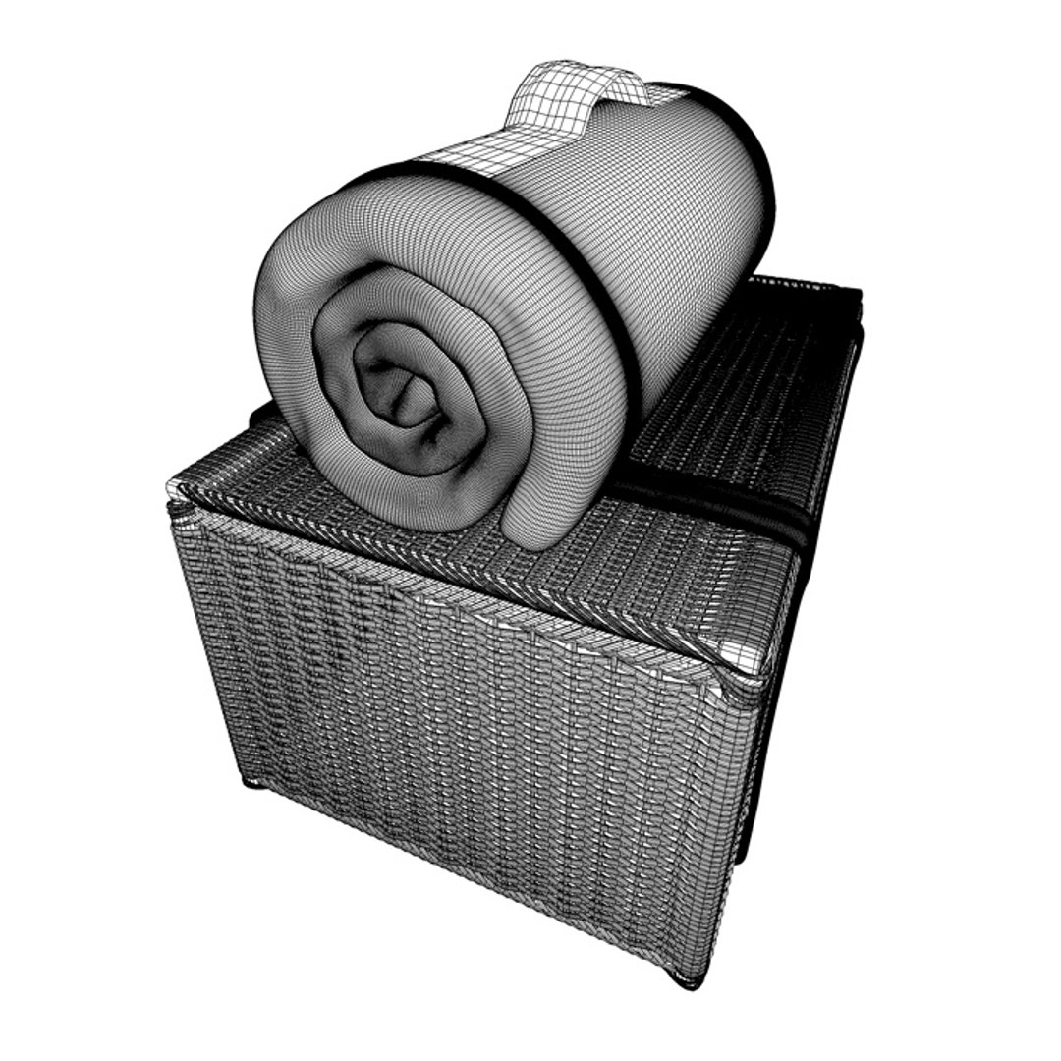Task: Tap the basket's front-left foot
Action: (252, 782)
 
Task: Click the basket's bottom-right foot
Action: (688, 977)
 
